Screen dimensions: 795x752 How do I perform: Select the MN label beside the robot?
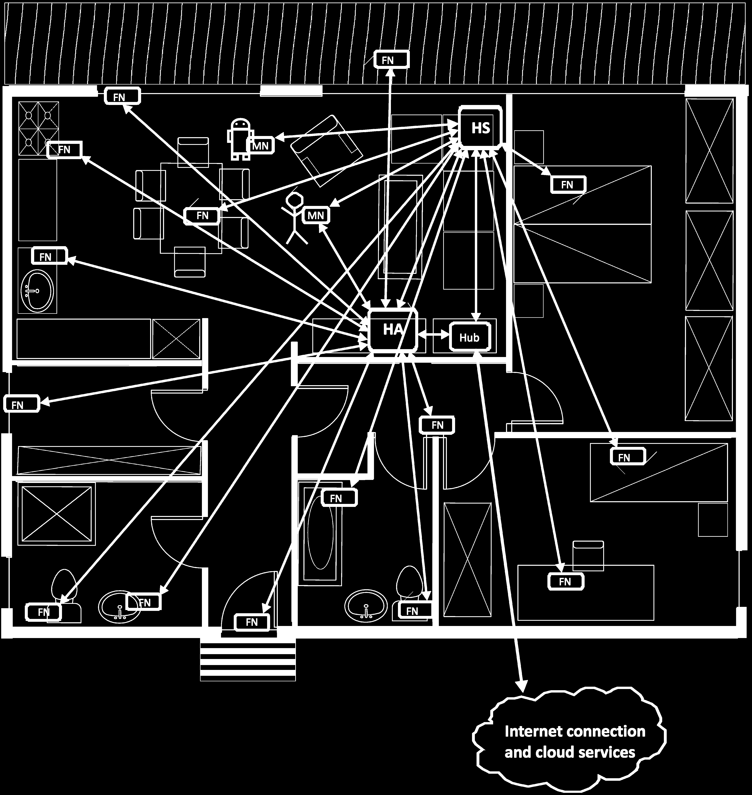click(x=261, y=146)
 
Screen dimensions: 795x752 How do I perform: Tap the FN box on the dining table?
click(x=202, y=216)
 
